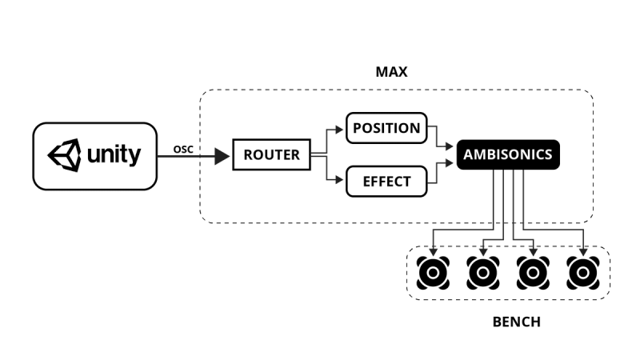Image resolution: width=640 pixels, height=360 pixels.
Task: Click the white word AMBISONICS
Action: tap(507, 155)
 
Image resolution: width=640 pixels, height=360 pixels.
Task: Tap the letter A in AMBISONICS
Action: tap(469, 155)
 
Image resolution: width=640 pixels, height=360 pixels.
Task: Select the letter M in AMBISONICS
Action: tap(480, 155)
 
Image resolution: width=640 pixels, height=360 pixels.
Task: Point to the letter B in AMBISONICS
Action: tap(490, 155)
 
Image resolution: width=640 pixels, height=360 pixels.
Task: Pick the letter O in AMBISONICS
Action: tap(512, 155)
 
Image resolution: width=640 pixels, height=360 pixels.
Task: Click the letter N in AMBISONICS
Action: tap(523, 155)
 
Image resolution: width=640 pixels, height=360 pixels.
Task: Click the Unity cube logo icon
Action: tap(64, 154)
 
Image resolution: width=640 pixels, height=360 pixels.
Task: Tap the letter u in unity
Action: tap(93, 154)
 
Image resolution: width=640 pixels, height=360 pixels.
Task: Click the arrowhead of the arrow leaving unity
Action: tap(222, 158)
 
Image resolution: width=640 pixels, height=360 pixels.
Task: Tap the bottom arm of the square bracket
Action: tap(336, 181)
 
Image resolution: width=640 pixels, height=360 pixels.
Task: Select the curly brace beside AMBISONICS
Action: tap(435, 155)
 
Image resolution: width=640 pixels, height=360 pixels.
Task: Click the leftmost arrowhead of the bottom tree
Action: tap(433, 252)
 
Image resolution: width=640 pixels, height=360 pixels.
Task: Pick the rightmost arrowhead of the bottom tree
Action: tap(582, 252)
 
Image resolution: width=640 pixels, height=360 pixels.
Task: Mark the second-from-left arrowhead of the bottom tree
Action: tap(483, 252)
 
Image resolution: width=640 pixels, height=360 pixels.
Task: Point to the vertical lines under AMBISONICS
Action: tap(509, 196)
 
